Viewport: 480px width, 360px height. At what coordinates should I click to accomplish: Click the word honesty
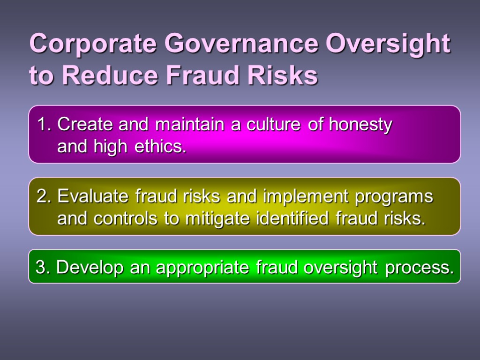pos(360,125)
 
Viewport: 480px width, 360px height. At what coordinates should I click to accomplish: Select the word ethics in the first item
pos(160,147)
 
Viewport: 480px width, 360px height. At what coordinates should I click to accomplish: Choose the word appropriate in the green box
pos(203,269)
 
